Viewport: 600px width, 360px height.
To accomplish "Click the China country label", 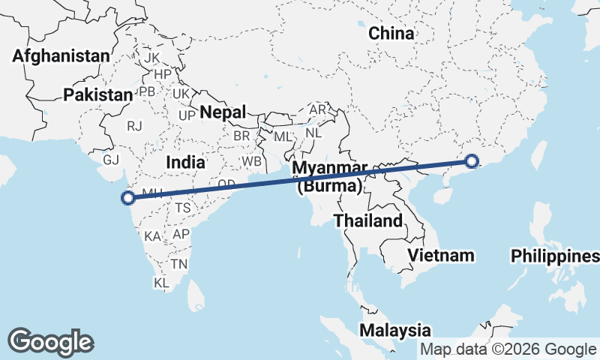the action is pos(391,33).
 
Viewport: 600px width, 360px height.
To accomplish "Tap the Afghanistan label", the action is pos(61,55).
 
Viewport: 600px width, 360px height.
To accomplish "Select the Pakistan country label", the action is pos(97,94).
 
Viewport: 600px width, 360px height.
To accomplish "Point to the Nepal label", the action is pos(223,112).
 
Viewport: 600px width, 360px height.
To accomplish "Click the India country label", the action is pos(185,162).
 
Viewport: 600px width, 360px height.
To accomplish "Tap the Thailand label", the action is pos(368,220).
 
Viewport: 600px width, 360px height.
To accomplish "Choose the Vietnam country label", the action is pos(441,255).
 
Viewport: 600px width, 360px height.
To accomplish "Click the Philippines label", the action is pos(555,256).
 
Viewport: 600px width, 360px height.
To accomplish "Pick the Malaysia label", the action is pos(394,330).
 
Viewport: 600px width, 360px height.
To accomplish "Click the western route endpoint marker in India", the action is pos(128,198).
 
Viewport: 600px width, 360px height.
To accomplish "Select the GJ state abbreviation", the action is pos(112,160).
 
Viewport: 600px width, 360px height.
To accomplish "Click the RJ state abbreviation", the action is pos(135,126).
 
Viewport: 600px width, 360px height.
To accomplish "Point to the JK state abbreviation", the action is pos(152,58).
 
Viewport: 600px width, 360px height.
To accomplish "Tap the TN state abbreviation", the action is pos(178,264).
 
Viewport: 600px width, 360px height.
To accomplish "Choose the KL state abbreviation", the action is pos(161,283).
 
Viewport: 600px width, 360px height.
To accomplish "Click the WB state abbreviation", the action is pos(251,161).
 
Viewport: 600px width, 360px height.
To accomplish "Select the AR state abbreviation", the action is pos(318,109).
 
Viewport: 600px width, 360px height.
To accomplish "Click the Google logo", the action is pos(51,342).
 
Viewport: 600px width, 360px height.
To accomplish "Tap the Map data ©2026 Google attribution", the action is pos(508,349).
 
